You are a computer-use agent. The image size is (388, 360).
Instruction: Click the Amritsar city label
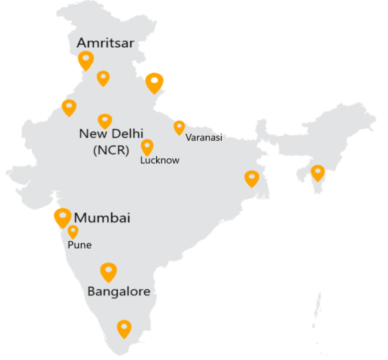[105, 43]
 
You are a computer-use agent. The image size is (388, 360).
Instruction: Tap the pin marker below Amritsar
[85, 60]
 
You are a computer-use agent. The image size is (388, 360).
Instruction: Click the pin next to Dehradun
[154, 82]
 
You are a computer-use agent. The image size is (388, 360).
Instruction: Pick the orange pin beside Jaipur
[69, 107]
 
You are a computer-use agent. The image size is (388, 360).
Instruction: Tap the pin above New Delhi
[105, 120]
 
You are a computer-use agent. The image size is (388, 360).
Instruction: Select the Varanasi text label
[204, 138]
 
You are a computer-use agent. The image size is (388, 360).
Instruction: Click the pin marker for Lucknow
[147, 147]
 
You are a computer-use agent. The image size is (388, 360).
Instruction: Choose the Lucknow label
[160, 160]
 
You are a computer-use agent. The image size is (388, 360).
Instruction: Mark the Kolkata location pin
[251, 178]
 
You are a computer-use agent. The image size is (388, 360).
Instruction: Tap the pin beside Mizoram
[318, 173]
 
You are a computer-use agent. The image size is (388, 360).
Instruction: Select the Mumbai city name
[102, 218]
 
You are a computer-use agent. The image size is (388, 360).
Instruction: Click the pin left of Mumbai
[62, 217]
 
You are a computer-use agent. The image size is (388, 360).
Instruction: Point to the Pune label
[80, 245]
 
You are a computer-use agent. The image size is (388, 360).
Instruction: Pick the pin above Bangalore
[108, 271]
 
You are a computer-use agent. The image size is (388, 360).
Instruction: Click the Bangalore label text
[119, 291]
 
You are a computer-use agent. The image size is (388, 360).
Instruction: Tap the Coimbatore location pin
[124, 329]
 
